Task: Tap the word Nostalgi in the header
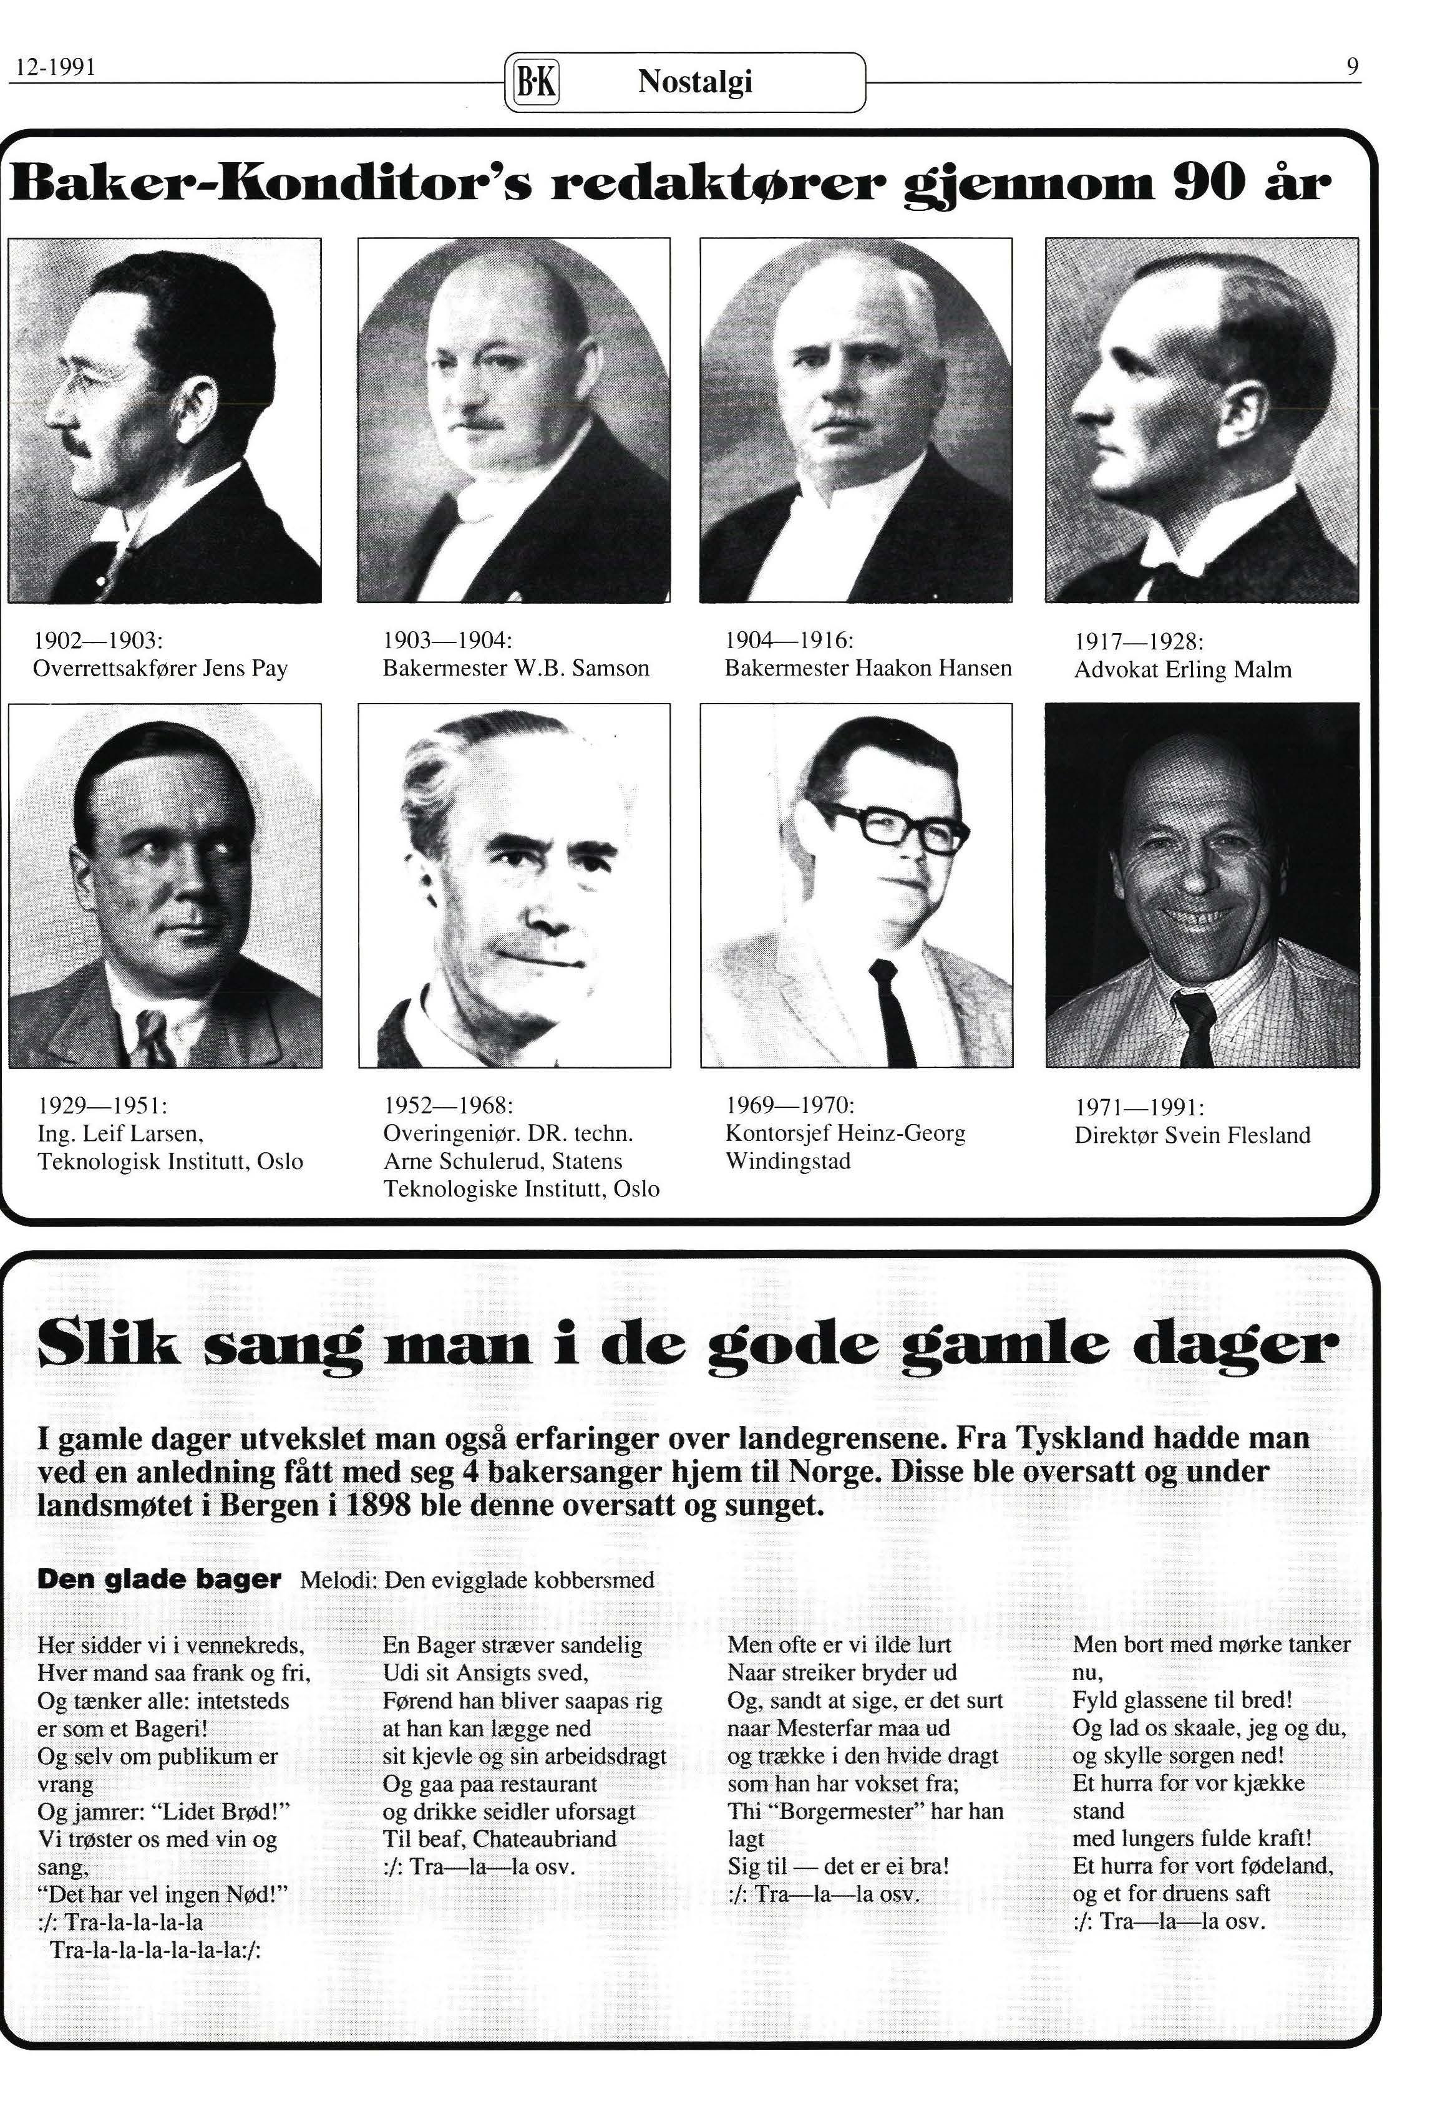point(695,83)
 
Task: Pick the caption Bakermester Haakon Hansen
point(868,668)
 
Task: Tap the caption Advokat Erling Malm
point(1183,670)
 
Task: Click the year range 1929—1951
point(100,1106)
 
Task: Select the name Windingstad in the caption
point(788,1161)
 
